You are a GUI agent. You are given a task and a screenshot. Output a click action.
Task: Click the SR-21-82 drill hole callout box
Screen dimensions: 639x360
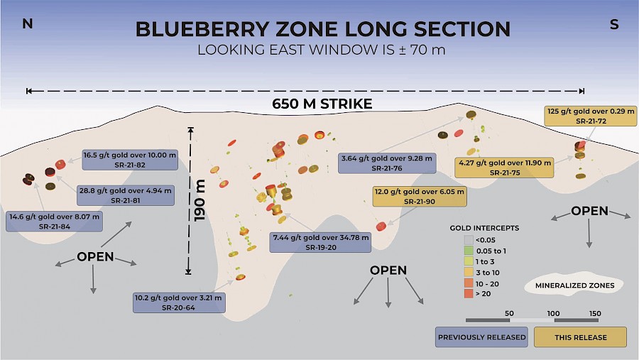(x=130, y=160)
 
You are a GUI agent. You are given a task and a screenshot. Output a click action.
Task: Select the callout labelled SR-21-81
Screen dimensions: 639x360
(x=126, y=195)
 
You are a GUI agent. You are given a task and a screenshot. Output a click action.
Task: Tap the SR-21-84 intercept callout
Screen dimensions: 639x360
(x=54, y=222)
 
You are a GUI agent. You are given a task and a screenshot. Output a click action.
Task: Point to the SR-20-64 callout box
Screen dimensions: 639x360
(x=179, y=302)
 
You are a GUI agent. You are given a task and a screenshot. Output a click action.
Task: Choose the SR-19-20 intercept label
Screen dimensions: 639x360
(x=320, y=242)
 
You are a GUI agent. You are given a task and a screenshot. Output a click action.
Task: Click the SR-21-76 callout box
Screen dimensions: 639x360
(x=387, y=163)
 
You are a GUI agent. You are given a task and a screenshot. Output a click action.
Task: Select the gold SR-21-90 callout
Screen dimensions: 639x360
(x=420, y=196)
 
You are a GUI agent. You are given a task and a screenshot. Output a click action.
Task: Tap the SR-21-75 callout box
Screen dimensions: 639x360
(x=504, y=167)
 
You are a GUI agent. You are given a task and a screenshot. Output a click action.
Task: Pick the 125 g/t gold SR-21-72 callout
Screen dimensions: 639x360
(x=591, y=116)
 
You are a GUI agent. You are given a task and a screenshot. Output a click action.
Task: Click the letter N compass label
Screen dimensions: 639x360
(x=27, y=24)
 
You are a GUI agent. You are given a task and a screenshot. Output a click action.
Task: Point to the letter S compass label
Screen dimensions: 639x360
(x=614, y=24)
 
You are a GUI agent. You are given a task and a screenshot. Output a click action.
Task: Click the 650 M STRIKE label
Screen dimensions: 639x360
(x=322, y=104)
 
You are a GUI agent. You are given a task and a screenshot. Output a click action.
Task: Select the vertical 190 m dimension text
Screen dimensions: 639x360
(x=200, y=200)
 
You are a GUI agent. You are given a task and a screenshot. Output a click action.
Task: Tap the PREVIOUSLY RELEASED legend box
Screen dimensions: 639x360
(x=481, y=337)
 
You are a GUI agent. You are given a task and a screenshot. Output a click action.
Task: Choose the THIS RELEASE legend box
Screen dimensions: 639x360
(x=580, y=337)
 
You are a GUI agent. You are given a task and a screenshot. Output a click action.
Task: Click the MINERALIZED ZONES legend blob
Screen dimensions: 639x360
(x=574, y=285)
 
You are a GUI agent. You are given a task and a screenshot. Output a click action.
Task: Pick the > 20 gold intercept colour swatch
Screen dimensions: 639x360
(x=469, y=293)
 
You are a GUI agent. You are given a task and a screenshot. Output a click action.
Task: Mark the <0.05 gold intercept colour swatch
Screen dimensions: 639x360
(x=469, y=240)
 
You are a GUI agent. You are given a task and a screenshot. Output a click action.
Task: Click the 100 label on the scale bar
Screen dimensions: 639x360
(x=553, y=314)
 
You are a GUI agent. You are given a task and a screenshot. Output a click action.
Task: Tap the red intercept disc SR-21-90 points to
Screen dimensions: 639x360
(x=381, y=227)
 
